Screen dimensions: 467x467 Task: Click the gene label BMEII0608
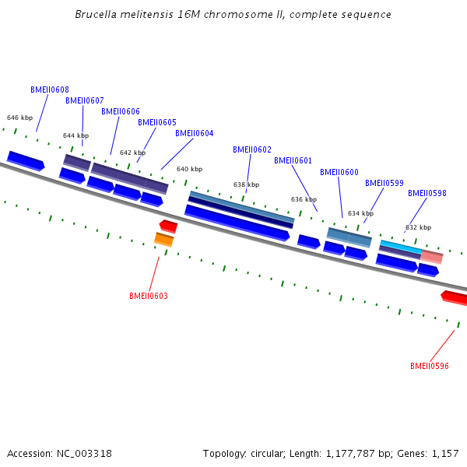tap(50, 90)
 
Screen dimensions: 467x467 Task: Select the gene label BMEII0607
tap(85, 100)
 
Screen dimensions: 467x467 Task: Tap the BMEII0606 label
tap(121, 111)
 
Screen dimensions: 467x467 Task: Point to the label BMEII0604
tap(194, 133)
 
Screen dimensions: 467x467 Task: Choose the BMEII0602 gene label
tap(252, 149)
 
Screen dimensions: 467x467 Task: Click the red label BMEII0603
tap(149, 296)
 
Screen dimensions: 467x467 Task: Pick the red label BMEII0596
tap(429, 366)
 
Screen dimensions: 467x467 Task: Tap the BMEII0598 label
tap(427, 193)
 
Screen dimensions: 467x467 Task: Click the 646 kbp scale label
tap(19, 118)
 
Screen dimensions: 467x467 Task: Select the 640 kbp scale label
tap(189, 169)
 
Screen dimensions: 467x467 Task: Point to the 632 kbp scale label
tap(418, 227)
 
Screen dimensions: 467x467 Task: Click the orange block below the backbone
tap(163, 240)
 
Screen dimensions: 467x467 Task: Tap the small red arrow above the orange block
tap(169, 226)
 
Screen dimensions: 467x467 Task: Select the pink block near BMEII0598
tap(431, 257)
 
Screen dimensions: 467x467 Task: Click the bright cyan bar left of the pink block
tap(401, 247)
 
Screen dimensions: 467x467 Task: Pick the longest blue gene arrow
tap(237, 223)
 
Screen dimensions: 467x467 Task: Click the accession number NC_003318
tap(84, 453)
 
